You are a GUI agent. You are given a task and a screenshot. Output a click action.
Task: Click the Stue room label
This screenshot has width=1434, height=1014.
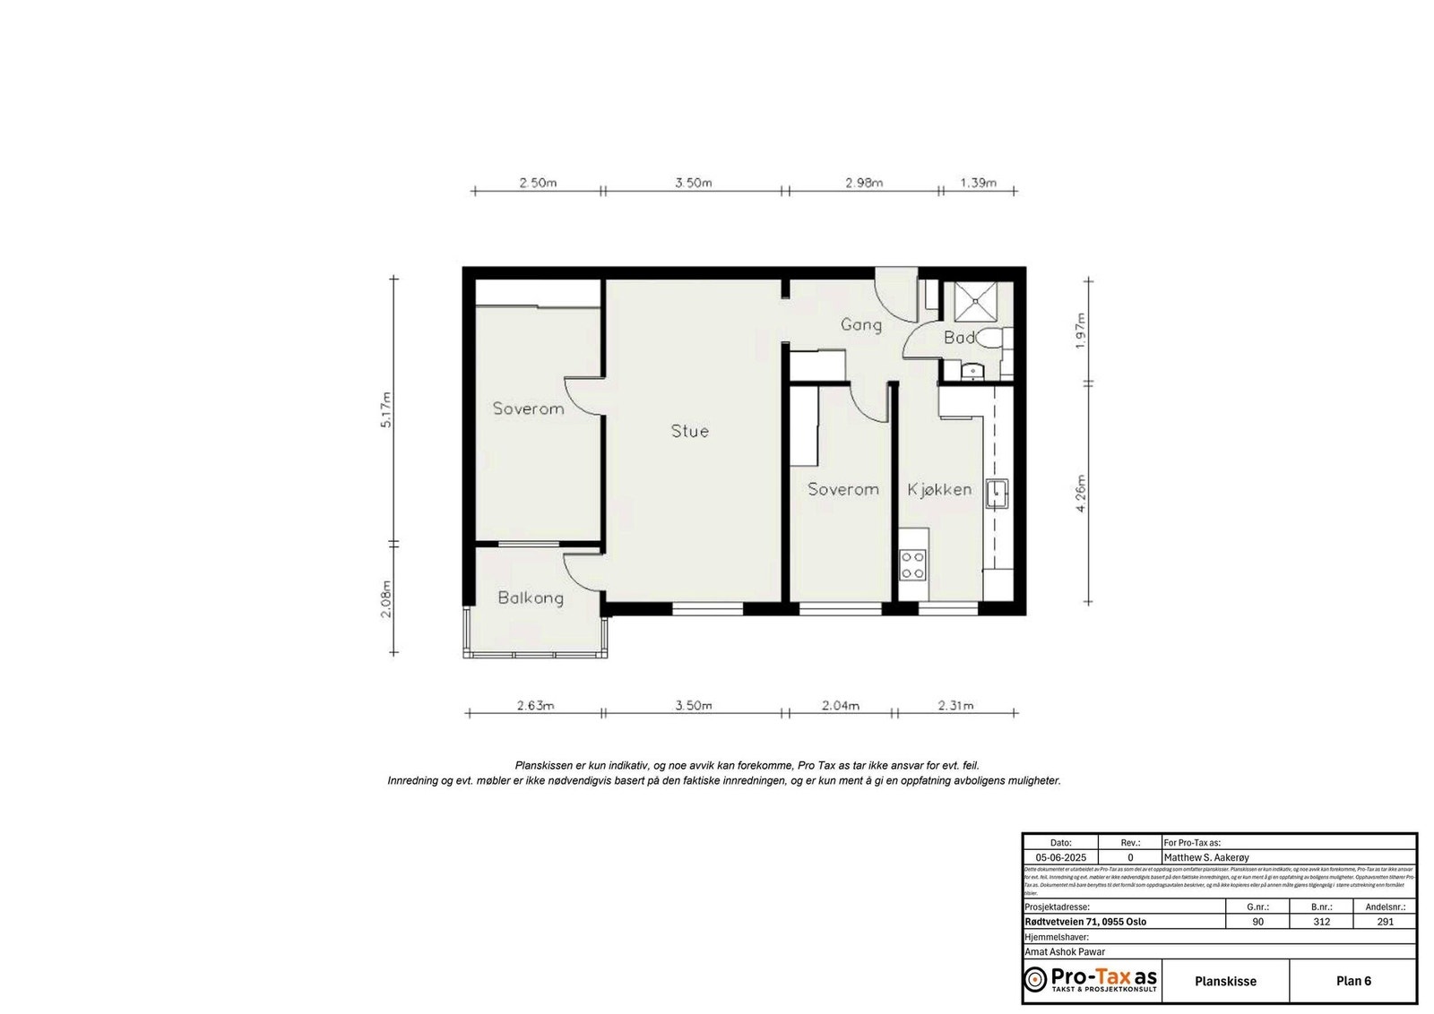[x=689, y=431]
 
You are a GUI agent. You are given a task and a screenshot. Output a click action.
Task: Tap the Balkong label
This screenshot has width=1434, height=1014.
[x=531, y=597]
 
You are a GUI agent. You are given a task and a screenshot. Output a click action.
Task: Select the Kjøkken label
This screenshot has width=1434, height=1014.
[x=938, y=489]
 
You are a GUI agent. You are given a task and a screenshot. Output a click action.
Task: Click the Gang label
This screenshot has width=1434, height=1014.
[x=860, y=324]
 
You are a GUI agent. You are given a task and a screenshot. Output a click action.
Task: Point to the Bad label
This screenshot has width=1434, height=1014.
[x=959, y=338]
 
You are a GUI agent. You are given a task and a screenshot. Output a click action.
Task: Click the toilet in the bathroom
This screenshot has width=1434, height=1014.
[x=989, y=339]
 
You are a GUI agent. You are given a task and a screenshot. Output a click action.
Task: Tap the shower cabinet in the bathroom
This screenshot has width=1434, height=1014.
[x=975, y=302]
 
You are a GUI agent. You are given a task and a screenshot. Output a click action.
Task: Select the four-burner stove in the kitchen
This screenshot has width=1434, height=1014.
[x=912, y=565]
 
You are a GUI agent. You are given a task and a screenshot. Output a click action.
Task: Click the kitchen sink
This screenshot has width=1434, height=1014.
[x=996, y=494]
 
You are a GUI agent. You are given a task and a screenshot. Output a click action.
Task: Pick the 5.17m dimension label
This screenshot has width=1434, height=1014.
[x=386, y=409]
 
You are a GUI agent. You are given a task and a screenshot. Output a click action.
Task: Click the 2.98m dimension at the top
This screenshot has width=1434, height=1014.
[x=863, y=183]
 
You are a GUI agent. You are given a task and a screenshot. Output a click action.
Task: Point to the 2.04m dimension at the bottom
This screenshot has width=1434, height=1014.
[x=840, y=706]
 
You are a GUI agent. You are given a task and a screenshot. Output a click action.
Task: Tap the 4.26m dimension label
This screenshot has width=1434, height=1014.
[x=1081, y=494]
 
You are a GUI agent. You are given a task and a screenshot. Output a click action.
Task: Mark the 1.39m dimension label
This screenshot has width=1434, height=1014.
[x=978, y=183]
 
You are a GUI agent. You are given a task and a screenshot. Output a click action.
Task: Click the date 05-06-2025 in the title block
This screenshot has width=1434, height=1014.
[x=1060, y=857]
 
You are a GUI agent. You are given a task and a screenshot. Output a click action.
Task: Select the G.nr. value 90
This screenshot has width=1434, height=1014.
[x=1257, y=922]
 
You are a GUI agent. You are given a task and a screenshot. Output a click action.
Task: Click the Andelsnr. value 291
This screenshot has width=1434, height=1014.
[x=1385, y=922]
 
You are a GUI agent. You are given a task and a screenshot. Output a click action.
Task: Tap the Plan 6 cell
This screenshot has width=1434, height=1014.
[x=1353, y=981]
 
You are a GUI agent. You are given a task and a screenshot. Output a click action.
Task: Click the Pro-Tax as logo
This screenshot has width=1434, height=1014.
[x=1091, y=979]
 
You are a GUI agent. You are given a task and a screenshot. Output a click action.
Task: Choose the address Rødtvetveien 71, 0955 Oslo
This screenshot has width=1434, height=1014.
[x=1085, y=922]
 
